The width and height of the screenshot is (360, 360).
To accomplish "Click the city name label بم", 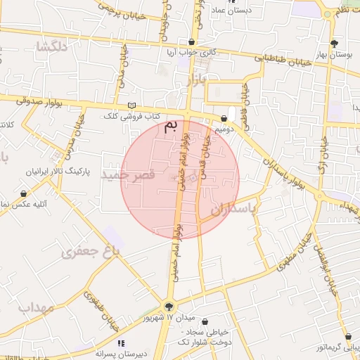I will (x=170, y=127).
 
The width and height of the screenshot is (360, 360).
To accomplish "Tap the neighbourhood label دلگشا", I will (x=53, y=47).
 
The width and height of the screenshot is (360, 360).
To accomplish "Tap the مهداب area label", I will (x=36, y=307).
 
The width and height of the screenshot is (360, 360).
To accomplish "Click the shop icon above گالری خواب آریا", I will (x=192, y=42).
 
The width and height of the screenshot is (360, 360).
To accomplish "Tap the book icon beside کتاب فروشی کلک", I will (x=131, y=105).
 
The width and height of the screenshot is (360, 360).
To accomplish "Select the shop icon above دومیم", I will (x=224, y=119).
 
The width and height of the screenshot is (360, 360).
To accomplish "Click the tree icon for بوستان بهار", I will (x=342, y=43).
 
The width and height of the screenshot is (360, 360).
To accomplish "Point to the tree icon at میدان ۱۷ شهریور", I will (x=168, y=307).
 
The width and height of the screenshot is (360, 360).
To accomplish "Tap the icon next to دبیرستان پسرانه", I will (x=121, y=343).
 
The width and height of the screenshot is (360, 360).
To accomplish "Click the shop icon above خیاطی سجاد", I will (x=205, y=322).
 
